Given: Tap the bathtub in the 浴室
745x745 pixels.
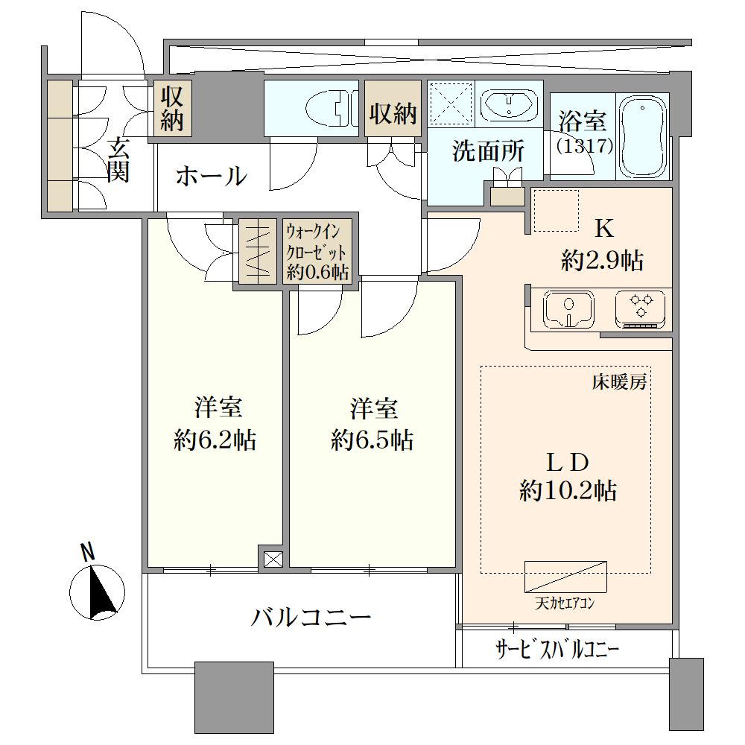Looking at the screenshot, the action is point(642,136).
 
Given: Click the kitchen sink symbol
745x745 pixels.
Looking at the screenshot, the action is point(568,309).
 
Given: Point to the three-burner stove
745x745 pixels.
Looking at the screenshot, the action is point(641,309).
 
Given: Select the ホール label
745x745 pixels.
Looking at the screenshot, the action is point(212,177).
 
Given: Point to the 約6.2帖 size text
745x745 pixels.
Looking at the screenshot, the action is point(215,440).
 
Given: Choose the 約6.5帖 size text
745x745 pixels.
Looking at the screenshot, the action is point(372,440).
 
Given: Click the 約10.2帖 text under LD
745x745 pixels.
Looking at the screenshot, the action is point(568,490).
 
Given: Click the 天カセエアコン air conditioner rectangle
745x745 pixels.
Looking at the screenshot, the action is point(565,577).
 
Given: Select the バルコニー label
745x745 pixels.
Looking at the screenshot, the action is point(311,617).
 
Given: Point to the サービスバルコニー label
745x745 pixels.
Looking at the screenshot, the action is point(557,649).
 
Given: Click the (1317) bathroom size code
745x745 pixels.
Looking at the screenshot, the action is point(584,145).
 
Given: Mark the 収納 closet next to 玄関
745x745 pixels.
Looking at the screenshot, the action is point(173,108).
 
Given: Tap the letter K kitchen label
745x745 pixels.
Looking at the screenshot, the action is point(604,229).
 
